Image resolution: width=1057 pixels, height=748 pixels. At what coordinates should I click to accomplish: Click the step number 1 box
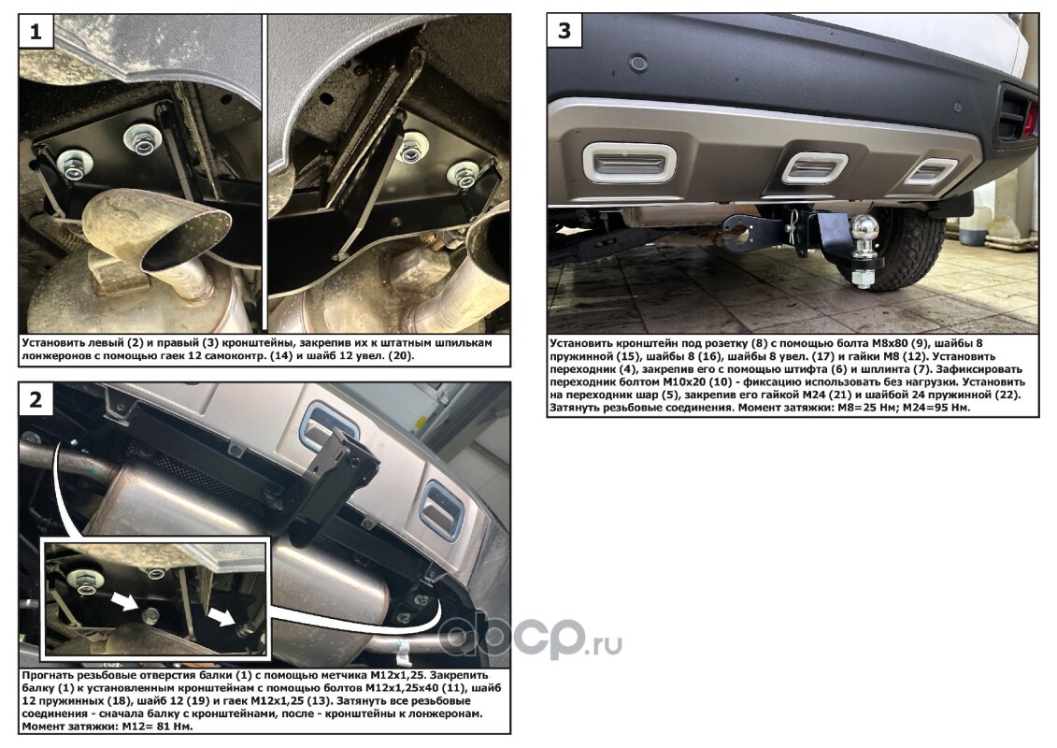point(36,31)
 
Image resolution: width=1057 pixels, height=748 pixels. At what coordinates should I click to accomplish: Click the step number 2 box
point(36,400)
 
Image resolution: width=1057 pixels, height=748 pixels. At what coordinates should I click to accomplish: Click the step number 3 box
point(564,31)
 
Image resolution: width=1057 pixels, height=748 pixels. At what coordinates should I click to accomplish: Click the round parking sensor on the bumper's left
point(637,65)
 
